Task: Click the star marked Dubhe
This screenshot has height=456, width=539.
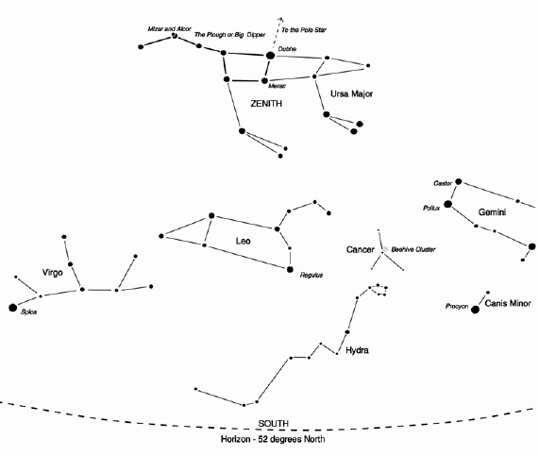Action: click(x=271, y=55)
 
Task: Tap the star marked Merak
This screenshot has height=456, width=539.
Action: click(x=264, y=81)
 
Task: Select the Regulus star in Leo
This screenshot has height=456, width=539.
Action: click(x=290, y=269)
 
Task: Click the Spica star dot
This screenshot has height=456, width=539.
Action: click(x=12, y=308)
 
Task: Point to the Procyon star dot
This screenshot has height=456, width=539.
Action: click(x=475, y=310)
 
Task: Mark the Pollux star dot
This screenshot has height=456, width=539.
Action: click(x=447, y=204)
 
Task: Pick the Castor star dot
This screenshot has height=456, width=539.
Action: click(x=458, y=181)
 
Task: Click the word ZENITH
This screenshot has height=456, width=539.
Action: click(x=266, y=104)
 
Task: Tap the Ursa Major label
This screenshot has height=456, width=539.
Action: click(x=351, y=93)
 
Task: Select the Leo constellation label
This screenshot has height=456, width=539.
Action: click(x=243, y=241)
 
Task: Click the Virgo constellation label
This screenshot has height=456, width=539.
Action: click(x=52, y=273)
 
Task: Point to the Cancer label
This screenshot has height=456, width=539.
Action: click(x=360, y=249)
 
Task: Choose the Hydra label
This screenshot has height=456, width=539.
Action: click(x=357, y=350)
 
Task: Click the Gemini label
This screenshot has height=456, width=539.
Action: click(x=492, y=212)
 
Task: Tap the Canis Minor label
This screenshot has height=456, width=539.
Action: click(x=508, y=303)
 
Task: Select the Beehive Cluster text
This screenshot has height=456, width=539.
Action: click(x=413, y=249)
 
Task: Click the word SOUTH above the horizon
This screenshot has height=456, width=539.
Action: click(x=274, y=424)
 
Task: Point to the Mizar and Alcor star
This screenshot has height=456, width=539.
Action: click(x=175, y=36)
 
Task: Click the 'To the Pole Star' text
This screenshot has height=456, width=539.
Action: click(x=304, y=30)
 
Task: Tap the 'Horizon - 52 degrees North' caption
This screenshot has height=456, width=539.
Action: click(x=273, y=439)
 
